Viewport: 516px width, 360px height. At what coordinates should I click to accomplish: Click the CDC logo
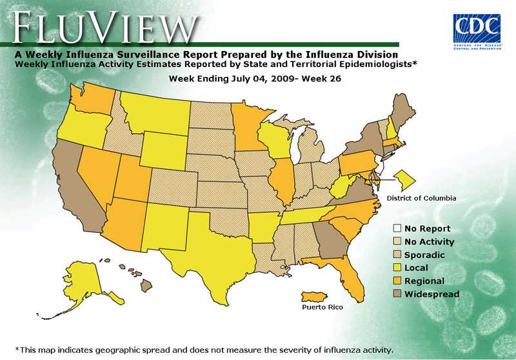click(477, 28)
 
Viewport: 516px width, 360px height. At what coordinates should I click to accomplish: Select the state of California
click(77, 187)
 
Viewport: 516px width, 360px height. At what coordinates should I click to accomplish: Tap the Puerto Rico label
click(322, 308)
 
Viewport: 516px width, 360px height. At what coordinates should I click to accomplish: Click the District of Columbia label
click(421, 198)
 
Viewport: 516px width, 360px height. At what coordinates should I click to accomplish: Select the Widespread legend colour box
click(397, 294)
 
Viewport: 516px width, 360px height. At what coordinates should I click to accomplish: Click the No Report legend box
click(397, 228)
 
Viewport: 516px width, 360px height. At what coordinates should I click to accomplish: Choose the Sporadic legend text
click(424, 255)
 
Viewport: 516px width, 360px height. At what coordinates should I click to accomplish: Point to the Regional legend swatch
click(397, 281)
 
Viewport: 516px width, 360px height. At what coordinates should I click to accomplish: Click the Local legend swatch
click(397, 268)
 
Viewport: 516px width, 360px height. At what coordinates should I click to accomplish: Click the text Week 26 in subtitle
click(317, 78)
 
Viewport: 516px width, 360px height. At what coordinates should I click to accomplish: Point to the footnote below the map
click(204, 350)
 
